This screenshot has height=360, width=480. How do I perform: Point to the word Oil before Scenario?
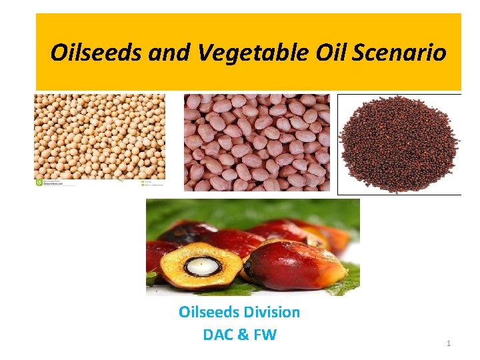[x=323, y=52]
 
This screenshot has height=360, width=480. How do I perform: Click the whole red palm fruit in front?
[x=293, y=263]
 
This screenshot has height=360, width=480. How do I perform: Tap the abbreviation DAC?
[x=218, y=335]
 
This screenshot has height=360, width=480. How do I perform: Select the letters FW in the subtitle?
[x=265, y=335]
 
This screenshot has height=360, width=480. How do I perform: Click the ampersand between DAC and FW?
[x=242, y=335]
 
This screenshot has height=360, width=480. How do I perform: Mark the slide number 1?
[x=449, y=343]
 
